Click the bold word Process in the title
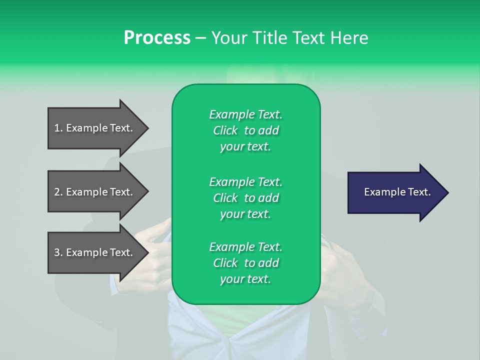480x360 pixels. pos(157,38)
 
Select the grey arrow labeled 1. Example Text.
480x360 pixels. pos(95,128)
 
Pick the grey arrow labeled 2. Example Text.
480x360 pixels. pos(95,192)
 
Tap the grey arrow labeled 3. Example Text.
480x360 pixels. pos(95,253)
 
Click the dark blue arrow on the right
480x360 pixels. pos(395,192)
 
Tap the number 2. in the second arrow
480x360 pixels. pos(58,192)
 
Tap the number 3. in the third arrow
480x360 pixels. pos(58,253)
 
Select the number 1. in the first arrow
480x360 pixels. pos(58,128)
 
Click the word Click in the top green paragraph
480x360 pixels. pos(225,131)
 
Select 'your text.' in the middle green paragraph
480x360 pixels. pos(245,214)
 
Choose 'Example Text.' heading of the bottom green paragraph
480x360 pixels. pos(245,247)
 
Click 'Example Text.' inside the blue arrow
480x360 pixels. pos(397,192)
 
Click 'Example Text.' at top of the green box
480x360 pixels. pos(245,114)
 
